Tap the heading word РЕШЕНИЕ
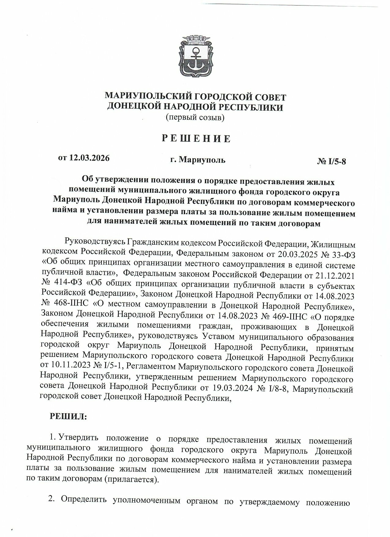196,139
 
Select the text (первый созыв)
195,117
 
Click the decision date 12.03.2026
90,158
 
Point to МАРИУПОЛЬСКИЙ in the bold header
149,97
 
